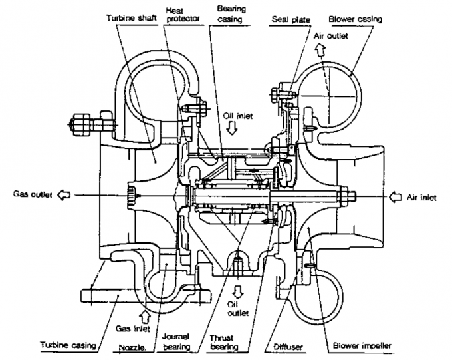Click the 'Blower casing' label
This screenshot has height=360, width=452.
coord(356,19)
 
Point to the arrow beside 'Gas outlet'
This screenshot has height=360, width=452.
coord(64,195)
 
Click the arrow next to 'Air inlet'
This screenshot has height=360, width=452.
coord(395,197)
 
